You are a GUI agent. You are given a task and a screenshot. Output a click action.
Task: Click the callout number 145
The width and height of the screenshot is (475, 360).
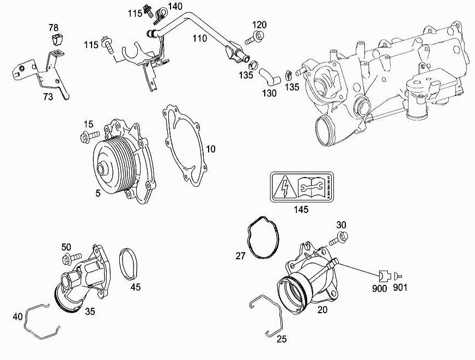point(301,209)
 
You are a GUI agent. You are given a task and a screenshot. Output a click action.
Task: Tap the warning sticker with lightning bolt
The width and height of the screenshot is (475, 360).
point(301,187)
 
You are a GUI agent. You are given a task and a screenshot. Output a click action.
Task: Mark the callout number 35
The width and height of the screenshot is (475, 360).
point(90,311)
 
